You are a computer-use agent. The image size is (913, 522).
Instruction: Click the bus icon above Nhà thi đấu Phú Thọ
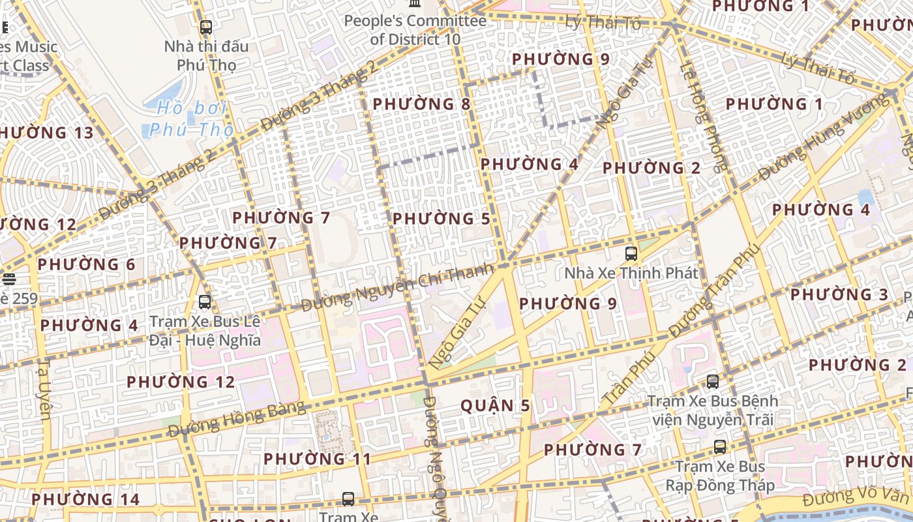(x=205, y=27)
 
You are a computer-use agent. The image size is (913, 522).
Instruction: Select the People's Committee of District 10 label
(x=415, y=30)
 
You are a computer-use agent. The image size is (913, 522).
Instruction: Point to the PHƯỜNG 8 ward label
(x=421, y=104)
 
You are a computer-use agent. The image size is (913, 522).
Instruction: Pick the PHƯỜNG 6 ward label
(x=86, y=265)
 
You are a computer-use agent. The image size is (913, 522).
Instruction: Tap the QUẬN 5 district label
(x=496, y=406)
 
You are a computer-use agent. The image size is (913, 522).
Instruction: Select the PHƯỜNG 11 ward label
(x=317, y=459)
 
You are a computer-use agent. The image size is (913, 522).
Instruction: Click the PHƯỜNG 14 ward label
(x=85, y=500)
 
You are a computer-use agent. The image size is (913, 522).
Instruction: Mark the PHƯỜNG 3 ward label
(x=839, y=295)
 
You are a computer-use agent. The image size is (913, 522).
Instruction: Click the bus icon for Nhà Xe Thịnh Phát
(x=631, y=254)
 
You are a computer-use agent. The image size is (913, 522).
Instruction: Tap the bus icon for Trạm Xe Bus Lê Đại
(x=205, y=302)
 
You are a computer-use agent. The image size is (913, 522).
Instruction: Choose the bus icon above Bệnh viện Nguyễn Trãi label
(x=713, y=382)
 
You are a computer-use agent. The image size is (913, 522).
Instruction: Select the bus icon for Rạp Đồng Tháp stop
(x=719, y=447)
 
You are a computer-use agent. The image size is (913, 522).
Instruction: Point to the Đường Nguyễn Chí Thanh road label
(x=398, y=286)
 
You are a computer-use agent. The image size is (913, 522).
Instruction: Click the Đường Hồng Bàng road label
(x=237, y=420)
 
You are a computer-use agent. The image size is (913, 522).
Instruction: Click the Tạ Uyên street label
(x=44, y=389)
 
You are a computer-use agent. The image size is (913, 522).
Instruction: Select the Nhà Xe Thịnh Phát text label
(x=631, y=273)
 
